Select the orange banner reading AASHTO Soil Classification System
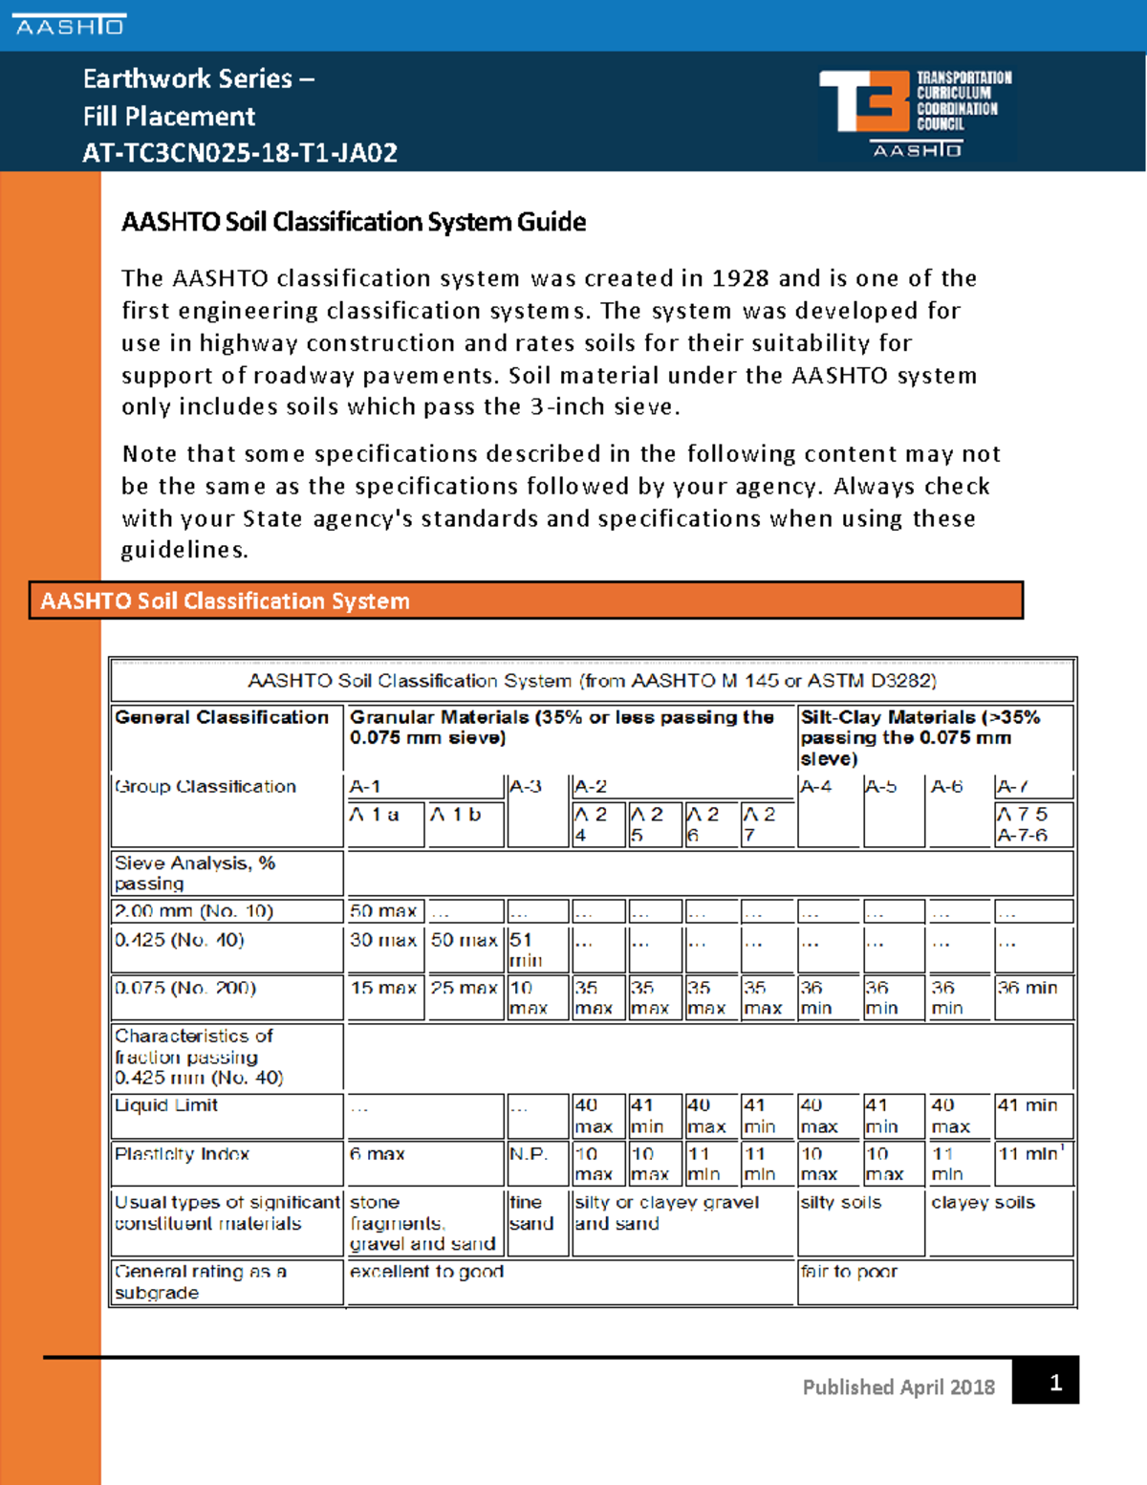point(526,601)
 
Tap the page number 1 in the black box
point(1054,1382)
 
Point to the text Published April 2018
point(898,1387)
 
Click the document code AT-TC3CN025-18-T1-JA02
point(239,153)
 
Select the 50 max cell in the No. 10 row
point(382,911)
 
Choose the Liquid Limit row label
point(167,1105)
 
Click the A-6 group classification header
point(947,787)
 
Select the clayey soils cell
point(983,1203)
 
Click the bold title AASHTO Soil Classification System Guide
point(354,222)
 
